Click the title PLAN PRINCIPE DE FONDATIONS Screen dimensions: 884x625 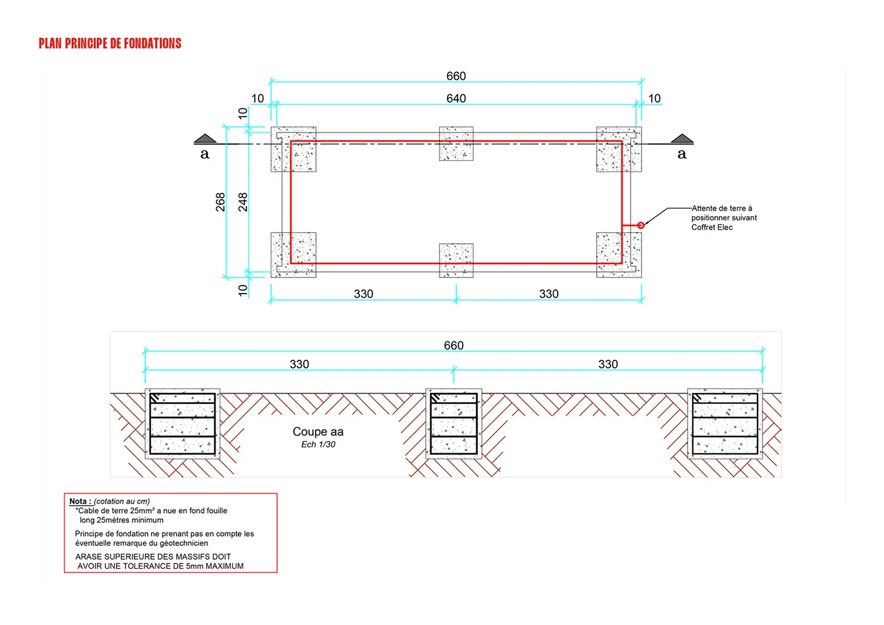110,44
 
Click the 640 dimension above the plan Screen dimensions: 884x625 456,98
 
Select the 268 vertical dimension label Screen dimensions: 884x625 220,202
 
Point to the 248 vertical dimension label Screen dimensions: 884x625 242,202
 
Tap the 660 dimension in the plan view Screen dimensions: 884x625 456,76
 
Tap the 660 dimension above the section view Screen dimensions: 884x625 454,345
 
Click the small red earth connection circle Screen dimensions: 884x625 640,225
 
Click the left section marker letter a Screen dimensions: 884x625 204,154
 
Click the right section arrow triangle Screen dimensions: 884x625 682,138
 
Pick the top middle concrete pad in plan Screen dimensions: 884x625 456,144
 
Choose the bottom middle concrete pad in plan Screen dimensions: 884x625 456,260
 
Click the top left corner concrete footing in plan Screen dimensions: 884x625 293,149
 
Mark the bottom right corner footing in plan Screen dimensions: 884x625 619,255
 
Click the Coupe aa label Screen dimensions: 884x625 318,432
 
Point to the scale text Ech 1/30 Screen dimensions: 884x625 318,444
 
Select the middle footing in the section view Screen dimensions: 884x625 454,424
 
